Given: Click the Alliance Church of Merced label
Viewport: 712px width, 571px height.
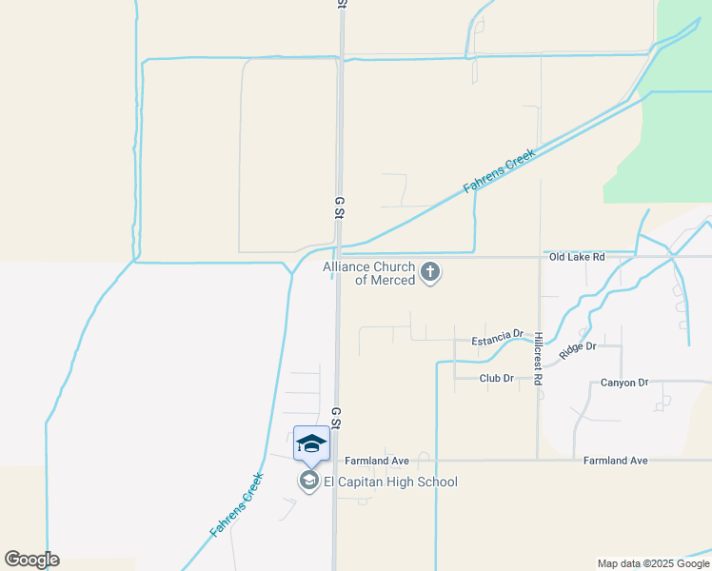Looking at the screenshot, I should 369,274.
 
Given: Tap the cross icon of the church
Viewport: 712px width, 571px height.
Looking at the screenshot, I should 430,273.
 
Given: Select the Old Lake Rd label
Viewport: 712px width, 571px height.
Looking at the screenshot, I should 577,257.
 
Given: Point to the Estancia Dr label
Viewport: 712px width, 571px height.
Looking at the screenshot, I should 498,339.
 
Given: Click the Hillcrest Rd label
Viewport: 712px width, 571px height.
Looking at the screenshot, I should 539,359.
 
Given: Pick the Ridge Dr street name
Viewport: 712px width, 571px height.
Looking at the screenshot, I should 577,349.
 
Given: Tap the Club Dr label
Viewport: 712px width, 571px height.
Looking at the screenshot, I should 496,378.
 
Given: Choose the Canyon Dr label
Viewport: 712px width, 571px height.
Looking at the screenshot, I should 624,383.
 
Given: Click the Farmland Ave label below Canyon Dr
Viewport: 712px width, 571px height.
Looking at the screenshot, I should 615,461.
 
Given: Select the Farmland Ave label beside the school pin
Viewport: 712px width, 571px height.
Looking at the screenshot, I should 377,461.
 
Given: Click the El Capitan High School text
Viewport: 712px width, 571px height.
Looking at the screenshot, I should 390,482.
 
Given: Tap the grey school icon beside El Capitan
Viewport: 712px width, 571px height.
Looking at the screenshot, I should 308,482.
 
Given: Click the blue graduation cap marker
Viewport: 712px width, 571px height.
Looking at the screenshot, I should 311,444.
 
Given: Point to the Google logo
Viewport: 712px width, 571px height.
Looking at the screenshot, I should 32,560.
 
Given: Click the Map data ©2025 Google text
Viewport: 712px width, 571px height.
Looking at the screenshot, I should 653,563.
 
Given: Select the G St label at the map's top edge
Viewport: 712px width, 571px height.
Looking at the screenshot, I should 340,5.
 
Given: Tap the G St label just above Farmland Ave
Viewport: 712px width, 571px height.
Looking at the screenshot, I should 336,417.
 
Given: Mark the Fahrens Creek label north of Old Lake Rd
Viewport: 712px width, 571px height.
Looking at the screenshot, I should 500,171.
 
